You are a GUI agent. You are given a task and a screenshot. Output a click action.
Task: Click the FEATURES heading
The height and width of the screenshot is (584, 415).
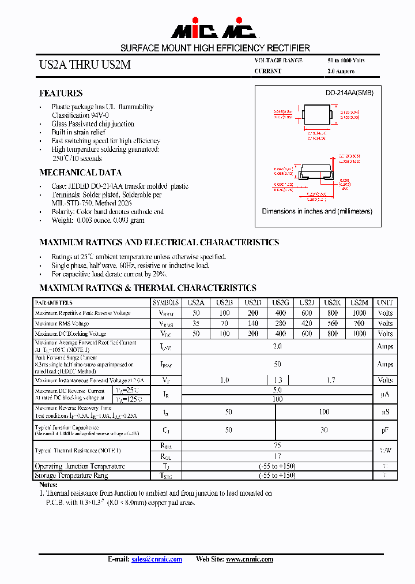[61, 93]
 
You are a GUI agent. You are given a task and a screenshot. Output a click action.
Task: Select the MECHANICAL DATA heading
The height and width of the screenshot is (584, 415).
[80, 172]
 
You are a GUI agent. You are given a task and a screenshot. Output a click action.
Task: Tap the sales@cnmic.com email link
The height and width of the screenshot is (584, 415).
[157, 559]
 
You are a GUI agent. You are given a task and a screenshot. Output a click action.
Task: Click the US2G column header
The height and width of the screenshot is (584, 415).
[280, 302]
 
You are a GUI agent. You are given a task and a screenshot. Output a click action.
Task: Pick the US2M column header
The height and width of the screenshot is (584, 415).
[359, 302]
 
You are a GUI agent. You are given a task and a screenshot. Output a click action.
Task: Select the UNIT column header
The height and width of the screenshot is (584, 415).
[384, 302]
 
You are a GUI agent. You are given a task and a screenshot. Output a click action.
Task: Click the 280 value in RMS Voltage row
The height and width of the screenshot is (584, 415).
[280, 324]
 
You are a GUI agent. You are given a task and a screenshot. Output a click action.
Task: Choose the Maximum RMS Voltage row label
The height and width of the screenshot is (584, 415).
[62, 324]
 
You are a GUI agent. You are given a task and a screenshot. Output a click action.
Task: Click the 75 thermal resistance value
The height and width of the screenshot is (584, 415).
[277, 446]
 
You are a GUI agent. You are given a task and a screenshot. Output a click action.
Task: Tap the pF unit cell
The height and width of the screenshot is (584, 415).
[384, 430]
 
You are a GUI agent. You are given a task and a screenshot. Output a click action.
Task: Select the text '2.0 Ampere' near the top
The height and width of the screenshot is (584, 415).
[341, 72]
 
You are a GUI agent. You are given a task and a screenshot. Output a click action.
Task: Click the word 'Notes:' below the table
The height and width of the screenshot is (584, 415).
[48, 485]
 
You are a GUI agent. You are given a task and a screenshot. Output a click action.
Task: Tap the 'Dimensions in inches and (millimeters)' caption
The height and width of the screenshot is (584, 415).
[317, 211]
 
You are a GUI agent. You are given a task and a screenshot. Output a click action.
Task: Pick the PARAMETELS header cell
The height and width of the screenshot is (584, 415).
[54, 302]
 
